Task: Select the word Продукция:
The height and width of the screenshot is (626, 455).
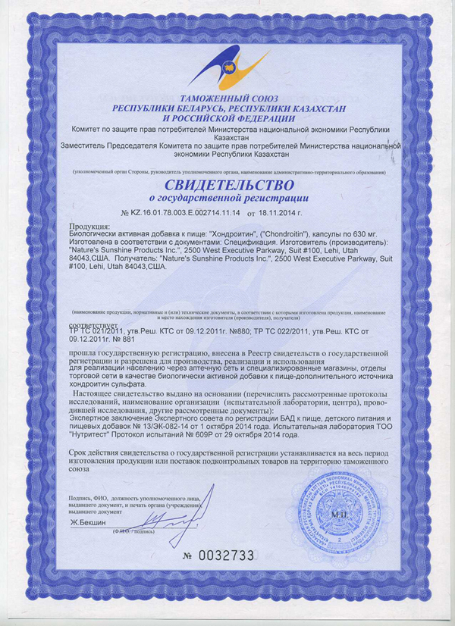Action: pos(89,227)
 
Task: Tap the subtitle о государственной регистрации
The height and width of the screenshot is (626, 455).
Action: pos(227,199)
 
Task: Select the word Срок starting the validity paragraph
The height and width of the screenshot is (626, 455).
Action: pos(80,452)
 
